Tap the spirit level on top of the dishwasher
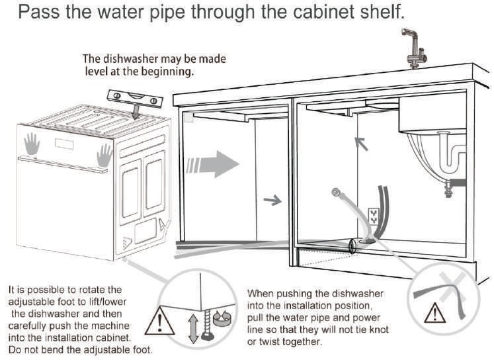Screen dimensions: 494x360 135,99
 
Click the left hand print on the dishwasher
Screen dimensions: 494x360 32,144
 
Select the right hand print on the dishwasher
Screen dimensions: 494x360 104,156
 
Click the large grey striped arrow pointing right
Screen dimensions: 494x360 212,164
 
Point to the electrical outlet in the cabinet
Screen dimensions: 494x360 374,216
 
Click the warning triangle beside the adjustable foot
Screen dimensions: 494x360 160,320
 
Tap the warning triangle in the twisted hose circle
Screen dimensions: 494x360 434,312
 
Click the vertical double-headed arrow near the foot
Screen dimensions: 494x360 193,328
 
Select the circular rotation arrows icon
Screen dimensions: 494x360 222,318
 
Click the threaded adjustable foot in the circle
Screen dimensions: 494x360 207,324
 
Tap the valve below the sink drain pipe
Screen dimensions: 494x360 448,188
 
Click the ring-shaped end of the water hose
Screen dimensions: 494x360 336,191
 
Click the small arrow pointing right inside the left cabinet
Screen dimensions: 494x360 272,200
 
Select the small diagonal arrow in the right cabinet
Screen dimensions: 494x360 361,144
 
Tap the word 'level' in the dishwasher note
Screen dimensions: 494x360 96,71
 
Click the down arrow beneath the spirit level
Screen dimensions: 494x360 136,112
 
